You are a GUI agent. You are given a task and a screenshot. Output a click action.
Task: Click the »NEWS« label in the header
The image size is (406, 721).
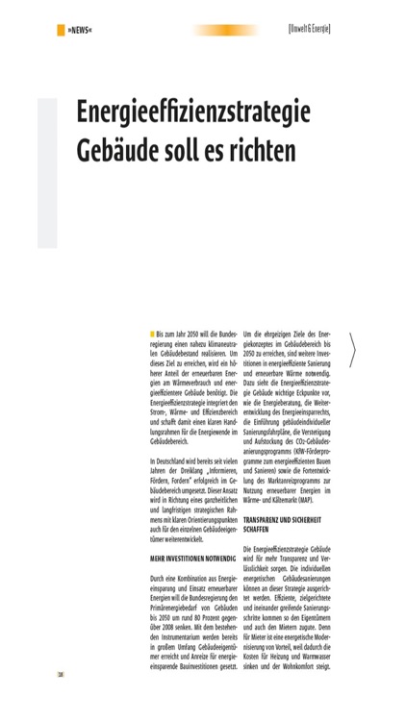tap(79, 30)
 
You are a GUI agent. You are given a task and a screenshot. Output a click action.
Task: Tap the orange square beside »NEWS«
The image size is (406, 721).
tap(62, 30)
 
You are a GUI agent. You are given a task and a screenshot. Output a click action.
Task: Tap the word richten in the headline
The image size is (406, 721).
tap(275, 152)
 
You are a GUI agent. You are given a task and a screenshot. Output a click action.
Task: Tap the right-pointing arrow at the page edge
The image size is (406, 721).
tap(353, 352)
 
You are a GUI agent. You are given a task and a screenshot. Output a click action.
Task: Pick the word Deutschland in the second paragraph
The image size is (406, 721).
tap(180, 448)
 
